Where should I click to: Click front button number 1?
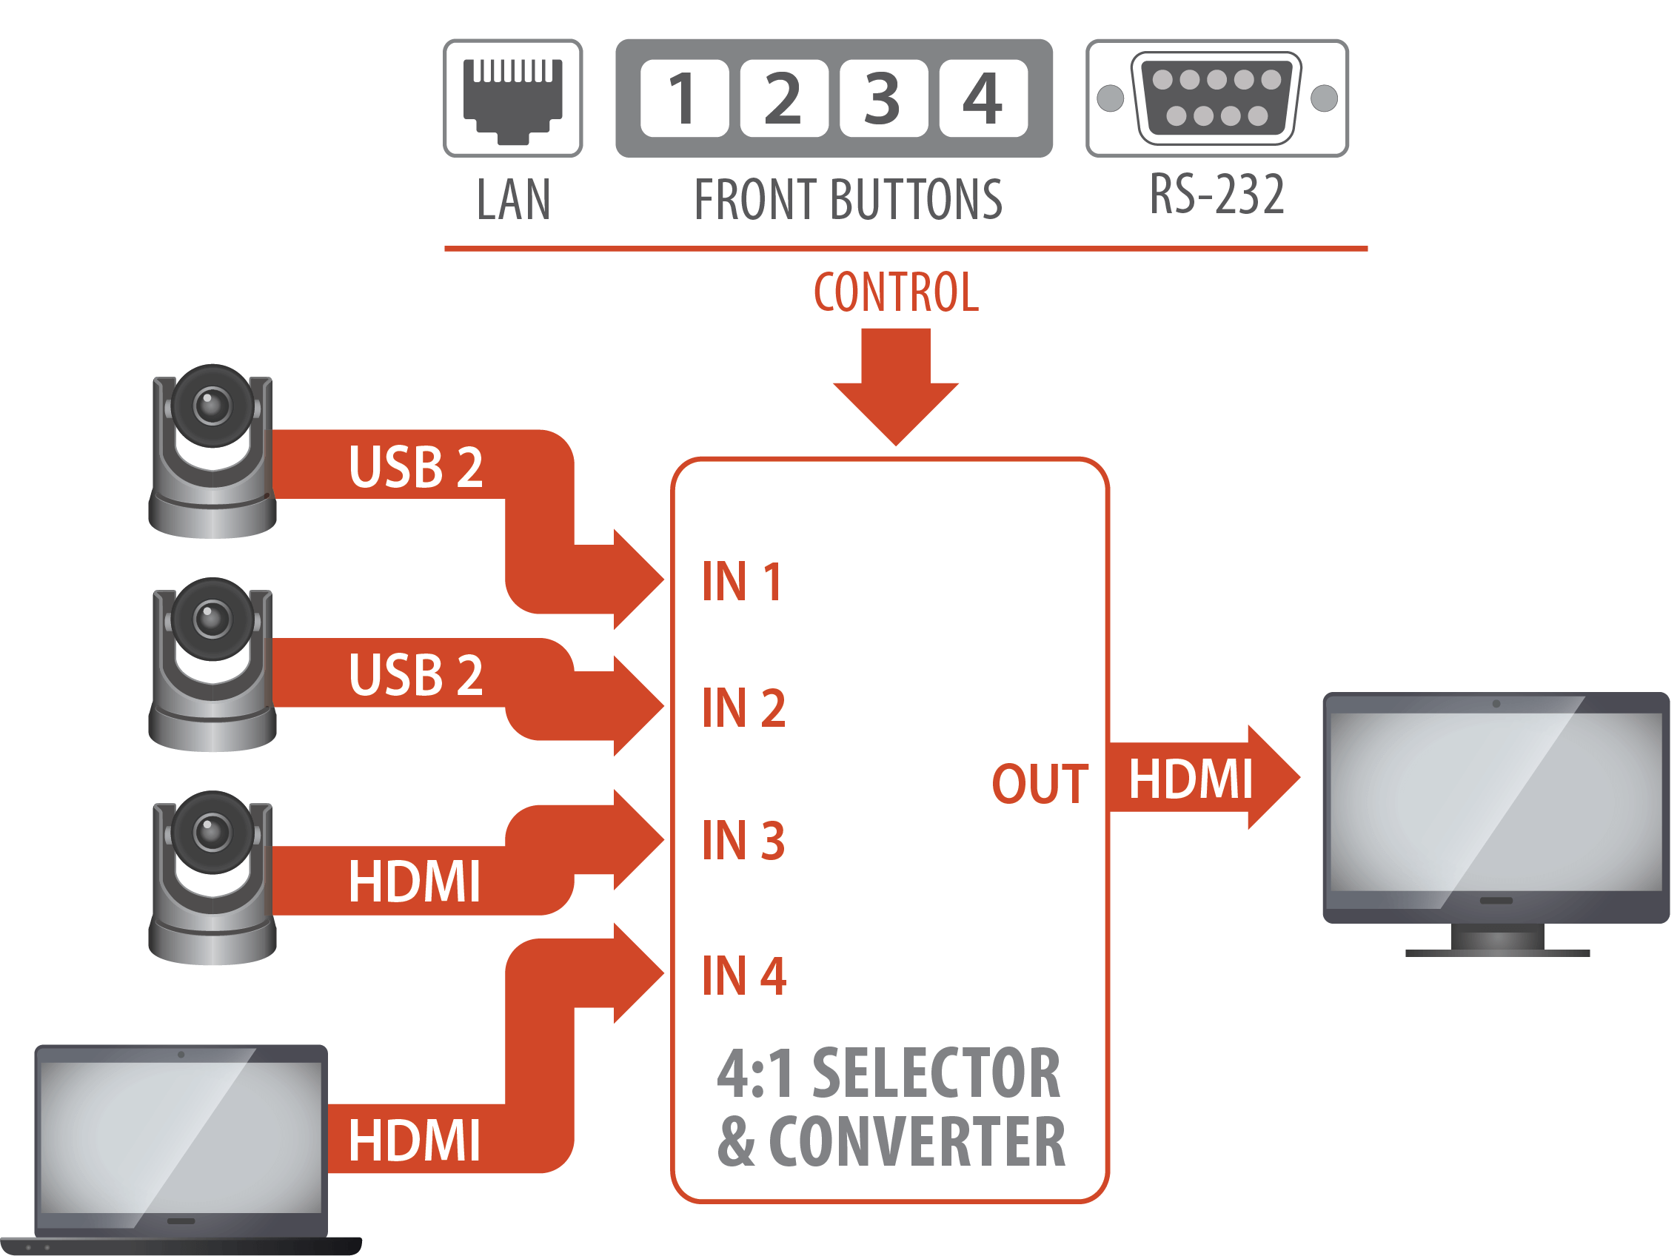pos(683,98)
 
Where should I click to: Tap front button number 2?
pos(783,98)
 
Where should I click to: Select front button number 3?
pos(883,98)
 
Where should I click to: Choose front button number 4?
pos(983,98)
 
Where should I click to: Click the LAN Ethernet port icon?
pos(512,98)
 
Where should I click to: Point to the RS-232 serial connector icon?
pos(1216,98)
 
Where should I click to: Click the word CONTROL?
pos(895,292)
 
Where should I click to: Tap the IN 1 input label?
pos(742,582)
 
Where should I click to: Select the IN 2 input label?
pos(743,708)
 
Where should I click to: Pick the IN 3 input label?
pos(743,841)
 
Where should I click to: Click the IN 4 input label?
pos(743,975)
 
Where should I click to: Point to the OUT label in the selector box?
pos(1040,784)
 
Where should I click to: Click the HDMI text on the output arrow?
pos(1190,779)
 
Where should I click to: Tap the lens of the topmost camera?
pos(212,406)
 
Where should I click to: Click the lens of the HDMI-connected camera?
pos(212,831)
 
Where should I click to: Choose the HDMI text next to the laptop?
pos(414,1141)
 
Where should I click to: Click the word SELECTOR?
pos(936,1073)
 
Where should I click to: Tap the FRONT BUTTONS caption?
pos(848,200)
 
